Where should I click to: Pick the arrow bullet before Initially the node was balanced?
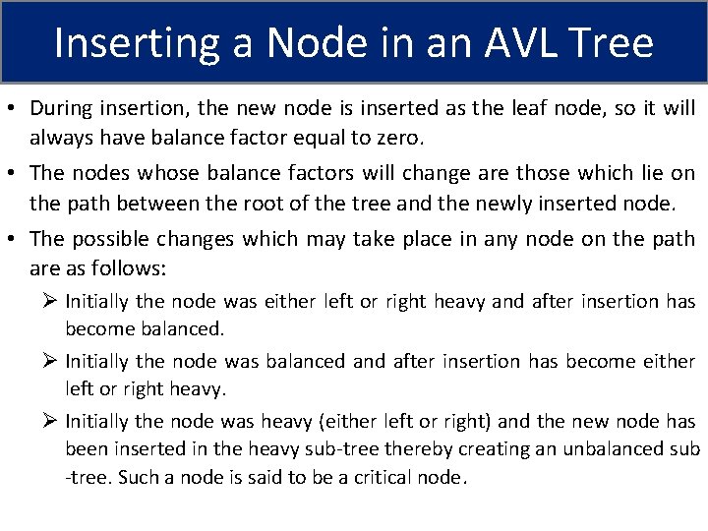pos(50,362)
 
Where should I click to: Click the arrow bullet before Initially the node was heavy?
pos(50,421)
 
